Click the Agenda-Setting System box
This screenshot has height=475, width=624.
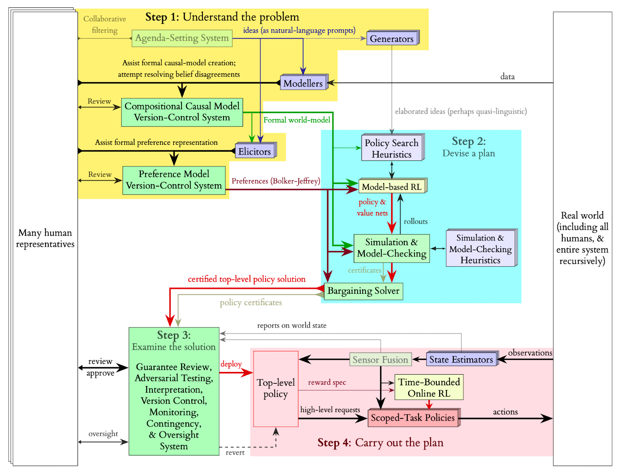pos(182,38)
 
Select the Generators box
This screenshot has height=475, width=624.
pos(392,39)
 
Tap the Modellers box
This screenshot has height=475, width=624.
pos(303,83)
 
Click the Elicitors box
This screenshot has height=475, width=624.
pos(255,151)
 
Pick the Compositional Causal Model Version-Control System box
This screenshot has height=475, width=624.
pos(182,112)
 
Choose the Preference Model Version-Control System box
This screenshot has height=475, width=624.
pos(174,180)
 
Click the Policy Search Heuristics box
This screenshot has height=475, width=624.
pos(392,148)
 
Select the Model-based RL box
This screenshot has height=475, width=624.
pos(392,187)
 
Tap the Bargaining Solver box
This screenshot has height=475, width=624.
pos(363,291)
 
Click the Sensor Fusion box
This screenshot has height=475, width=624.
pos(380,359)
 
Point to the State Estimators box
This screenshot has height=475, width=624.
pos(461,359)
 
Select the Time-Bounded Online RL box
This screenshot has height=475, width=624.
pos(429,387)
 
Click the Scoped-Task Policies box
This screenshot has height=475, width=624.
pos(413,418)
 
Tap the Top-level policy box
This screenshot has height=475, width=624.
pos(276,389)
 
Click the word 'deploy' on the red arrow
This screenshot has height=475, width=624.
pos(231,364)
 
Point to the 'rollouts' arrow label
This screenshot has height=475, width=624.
pos(415,221)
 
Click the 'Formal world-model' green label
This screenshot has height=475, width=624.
pos(297,120)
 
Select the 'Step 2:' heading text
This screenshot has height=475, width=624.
pos(468,141)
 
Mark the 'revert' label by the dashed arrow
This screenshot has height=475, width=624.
pos(235,452)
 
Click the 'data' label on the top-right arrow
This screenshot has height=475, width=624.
pos(507,76)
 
